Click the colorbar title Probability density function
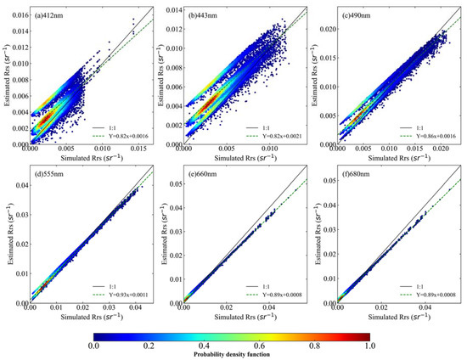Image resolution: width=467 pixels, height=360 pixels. pyautogui.click(x=233, y=354)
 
